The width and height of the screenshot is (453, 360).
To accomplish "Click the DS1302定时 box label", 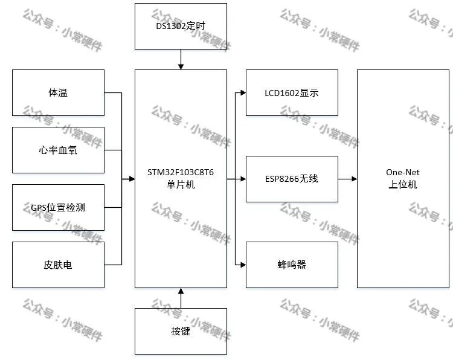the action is tap(181, 26).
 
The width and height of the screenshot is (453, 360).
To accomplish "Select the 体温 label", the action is tap(58, 93).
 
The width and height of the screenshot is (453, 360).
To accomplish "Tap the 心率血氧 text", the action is tap(58, 150).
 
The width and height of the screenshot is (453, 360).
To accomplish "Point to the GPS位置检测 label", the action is tap(58, 207).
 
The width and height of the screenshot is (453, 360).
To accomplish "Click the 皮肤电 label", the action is tap(58, 265).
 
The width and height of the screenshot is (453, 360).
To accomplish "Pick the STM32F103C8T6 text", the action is tap(181, 172).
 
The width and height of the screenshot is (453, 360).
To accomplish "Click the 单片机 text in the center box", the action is tap(181, 184).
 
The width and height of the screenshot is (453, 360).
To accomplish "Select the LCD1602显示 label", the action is tap(292, 93).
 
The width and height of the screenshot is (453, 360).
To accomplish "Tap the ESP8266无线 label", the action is tap(292, 179).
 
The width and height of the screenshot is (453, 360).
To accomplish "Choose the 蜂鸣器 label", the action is tap(292, 265).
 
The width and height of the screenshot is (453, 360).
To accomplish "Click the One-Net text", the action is tap(403, 172).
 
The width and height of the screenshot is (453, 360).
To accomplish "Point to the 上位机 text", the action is tap(403, 184).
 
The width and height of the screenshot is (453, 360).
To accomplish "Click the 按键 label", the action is tap(181, 331).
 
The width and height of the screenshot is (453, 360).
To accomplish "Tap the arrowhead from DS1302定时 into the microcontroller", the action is tap(181, 66).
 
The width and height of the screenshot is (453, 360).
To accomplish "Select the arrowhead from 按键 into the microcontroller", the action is tap(181, 291).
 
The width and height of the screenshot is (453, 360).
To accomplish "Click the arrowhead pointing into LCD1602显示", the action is tap(243, 93).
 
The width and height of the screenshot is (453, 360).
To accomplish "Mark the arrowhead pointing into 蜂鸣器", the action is tap(243, 265).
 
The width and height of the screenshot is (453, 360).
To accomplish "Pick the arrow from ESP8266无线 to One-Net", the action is tap(347, 179).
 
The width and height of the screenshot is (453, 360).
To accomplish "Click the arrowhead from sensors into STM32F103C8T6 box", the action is tap(132, 179).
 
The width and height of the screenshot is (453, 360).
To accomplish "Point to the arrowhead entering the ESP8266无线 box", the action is tap(243, 179).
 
